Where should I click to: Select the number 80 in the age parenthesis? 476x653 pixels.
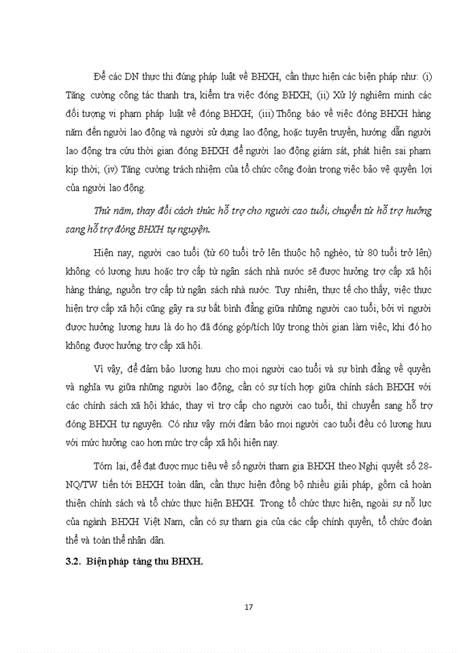click(x=360, y=253)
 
